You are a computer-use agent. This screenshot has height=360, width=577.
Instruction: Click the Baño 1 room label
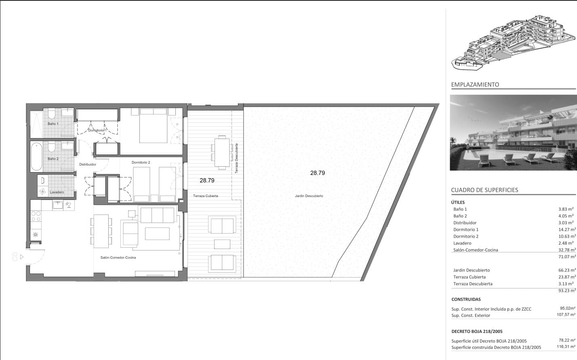pos(53,124)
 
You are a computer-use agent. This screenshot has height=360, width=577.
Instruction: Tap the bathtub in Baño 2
pos(36,156)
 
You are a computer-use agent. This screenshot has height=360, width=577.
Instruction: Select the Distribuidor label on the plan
pos(87,164)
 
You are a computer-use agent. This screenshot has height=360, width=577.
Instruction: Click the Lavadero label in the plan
pos(57,192)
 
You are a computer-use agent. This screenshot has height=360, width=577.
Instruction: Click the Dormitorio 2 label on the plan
pos(141,162)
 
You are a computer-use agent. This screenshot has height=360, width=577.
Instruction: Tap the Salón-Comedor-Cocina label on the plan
pos(118,257)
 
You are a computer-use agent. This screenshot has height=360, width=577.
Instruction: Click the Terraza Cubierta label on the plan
pos(205,196)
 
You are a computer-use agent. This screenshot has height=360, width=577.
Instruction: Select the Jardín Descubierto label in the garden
pos(309,196)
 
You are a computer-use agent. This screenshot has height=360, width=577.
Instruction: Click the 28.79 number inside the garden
pos(317,173)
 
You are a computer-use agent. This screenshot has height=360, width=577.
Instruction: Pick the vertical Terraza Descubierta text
pos(236,158)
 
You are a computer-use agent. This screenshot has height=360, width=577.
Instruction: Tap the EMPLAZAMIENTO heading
pos(475,85)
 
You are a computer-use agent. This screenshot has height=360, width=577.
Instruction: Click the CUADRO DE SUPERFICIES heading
pos(484,190)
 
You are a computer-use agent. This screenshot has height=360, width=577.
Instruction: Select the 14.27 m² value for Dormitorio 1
pos(566,229)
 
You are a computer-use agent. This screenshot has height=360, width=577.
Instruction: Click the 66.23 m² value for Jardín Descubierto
pos(566,270)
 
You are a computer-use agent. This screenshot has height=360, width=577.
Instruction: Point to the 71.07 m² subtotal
pos(566,257)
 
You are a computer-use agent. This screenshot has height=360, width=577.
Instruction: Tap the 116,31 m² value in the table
pos(566,347)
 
